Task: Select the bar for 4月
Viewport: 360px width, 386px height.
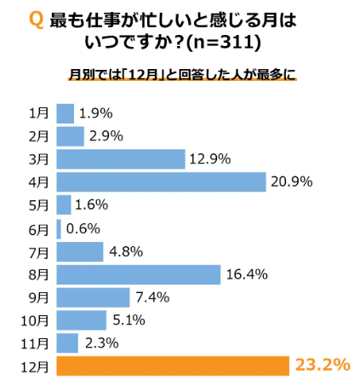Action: [x=162, y=181]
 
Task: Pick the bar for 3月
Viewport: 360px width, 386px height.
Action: [x=120, y=158]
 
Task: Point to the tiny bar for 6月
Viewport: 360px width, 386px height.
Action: [x=59, y=228]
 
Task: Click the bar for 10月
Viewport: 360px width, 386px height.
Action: [x=81, y=320]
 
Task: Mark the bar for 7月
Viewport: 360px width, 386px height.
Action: [x=79, y=251]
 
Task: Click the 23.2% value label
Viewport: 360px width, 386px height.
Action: [x=323, y=366]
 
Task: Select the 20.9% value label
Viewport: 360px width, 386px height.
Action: [x=291, y=181]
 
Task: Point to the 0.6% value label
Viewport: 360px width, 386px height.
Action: [x=83, y=228]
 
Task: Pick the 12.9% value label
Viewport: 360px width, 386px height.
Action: [x=210, y=158]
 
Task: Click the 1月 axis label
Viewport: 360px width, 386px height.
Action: [x=38, y=112]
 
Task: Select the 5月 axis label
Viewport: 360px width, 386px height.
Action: [x=38, y=205]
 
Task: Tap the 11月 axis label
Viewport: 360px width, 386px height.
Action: [x=35, y=343]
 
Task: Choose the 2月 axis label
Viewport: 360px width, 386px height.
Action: [x=38, y=135]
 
